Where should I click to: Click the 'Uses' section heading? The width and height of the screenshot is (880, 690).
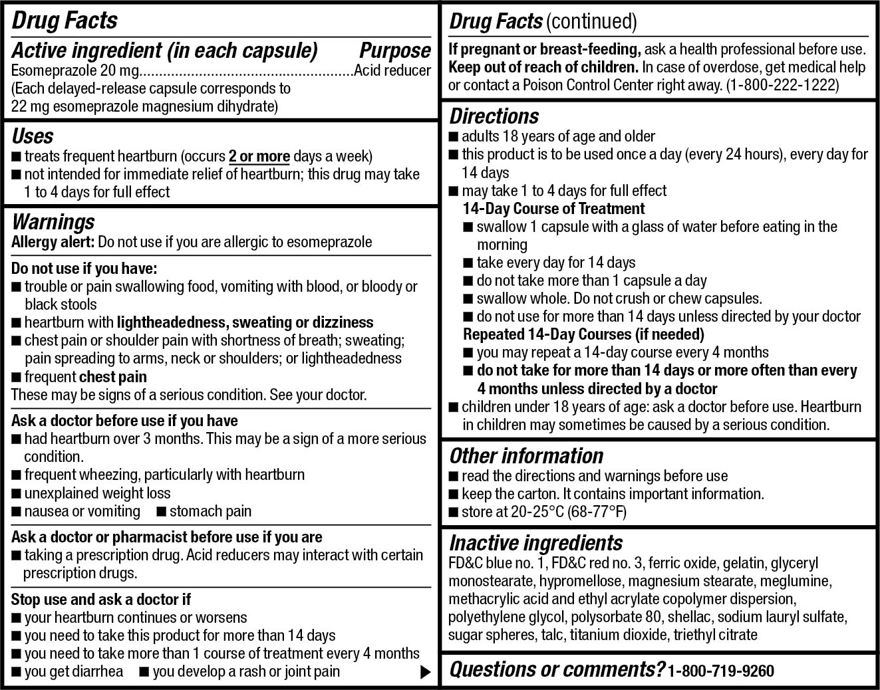(x=33, y=136)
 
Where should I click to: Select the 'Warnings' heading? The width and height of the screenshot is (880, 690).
(x=53, y=221)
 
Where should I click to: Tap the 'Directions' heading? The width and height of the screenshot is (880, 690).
(x=494, y=116)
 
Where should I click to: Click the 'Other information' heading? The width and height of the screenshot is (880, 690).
(x=526, y=456)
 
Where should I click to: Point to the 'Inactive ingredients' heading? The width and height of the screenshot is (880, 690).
(x=535, y=543)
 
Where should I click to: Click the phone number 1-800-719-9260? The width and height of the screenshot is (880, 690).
(x=721, y=671)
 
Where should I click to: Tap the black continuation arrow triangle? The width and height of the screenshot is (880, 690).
(x=425, y=672)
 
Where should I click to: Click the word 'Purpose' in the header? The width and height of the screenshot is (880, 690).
(x=395, y=51)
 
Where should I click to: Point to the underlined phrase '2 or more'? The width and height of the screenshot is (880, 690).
(x=259, y=157)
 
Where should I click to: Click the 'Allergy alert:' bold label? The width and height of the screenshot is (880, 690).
(x=53, y=242)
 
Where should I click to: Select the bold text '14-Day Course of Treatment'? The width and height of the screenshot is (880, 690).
(x=553, y=209)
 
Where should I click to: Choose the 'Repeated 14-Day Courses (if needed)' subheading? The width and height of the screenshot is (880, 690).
(x=583, y=334)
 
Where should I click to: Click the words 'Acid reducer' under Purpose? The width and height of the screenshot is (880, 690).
(x=392, y=70)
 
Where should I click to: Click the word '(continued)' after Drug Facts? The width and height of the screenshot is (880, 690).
(x=591, y=22)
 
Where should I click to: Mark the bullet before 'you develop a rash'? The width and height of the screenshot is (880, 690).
(x=143, y=672)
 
